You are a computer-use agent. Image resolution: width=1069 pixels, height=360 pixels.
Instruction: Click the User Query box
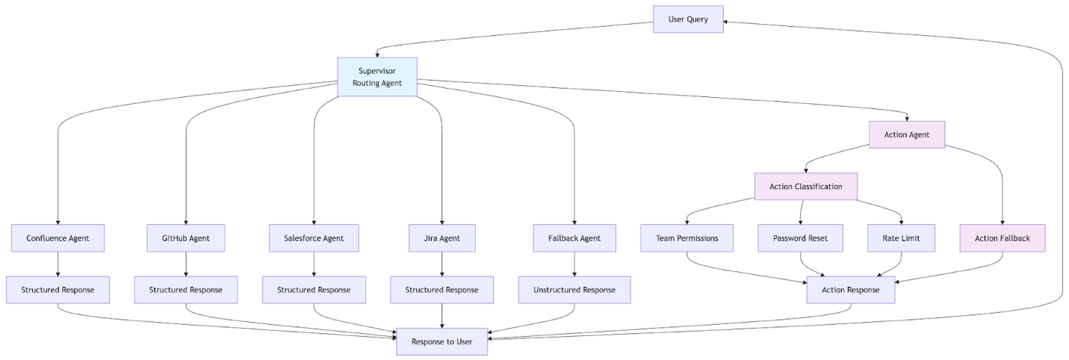(688, 19)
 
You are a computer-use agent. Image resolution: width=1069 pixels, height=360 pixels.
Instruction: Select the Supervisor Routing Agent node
(377, 77)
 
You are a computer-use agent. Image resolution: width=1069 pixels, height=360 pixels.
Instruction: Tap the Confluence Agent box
(58, 238)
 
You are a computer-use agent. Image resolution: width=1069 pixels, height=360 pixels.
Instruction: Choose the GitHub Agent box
(185, 238)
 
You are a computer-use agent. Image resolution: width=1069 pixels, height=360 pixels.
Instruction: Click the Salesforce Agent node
(314, 238)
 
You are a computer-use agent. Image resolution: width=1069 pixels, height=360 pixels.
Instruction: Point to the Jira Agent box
(442, 238)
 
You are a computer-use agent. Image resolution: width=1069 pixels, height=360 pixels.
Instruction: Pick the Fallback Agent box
(574, 238)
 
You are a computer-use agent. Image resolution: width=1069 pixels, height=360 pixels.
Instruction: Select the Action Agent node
(907, 135)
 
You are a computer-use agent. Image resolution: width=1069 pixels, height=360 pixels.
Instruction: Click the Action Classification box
(805, 187)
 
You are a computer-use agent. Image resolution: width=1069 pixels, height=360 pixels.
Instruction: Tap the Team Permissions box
(687, 238)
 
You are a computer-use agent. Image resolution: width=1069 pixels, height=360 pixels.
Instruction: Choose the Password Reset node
(800, 238)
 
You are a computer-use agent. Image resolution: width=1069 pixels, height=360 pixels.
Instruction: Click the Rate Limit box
(901, 238)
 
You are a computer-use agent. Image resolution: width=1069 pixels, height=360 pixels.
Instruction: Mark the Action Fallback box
(1002, 238)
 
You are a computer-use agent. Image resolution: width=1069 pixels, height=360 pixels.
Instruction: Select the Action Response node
(850, 290)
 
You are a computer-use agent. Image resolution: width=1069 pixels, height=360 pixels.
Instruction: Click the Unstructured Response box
(574, 290)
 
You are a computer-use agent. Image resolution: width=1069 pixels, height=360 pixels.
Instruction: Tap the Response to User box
(441, 341)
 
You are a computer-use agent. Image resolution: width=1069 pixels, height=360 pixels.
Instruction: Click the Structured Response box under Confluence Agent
(58, 290)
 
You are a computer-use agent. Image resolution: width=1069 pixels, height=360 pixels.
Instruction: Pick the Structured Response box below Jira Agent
(442, 290)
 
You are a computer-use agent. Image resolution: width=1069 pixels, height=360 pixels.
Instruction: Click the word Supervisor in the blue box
(377, 71)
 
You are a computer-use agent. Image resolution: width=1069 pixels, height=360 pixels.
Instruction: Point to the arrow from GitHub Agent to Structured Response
(185, 264)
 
